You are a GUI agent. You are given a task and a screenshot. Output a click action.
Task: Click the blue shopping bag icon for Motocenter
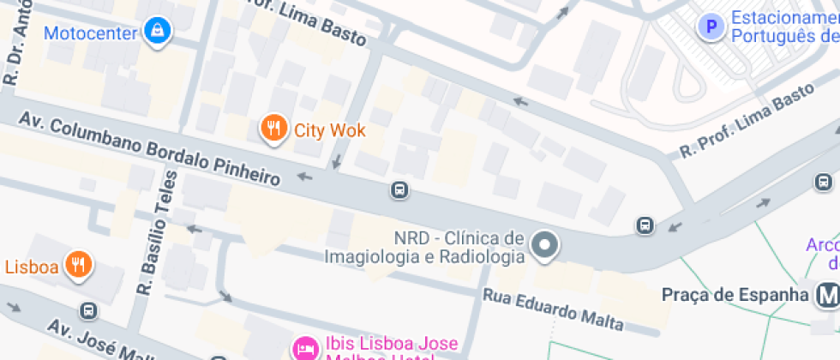(157, 33)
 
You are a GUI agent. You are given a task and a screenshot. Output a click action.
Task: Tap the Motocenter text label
(90, 33)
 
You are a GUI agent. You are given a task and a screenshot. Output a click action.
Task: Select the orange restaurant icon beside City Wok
(273, 129)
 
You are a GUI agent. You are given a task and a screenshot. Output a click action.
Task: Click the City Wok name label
(330, 130)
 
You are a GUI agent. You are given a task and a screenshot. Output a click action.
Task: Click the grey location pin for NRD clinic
(543, 247)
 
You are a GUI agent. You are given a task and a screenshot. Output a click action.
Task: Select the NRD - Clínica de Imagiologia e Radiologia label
(423, 247)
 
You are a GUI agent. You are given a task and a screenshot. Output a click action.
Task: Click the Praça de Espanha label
(735, 295)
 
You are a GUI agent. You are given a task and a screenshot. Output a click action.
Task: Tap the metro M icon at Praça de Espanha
(827, 296)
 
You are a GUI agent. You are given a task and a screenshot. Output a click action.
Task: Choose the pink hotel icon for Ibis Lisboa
(304, 348)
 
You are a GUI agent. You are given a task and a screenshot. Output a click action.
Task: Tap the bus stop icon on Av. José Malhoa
(87, 309)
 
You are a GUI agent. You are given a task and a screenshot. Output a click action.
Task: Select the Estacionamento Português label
(784, 27)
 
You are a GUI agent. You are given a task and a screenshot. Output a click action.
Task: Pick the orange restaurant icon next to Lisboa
(79, 266)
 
